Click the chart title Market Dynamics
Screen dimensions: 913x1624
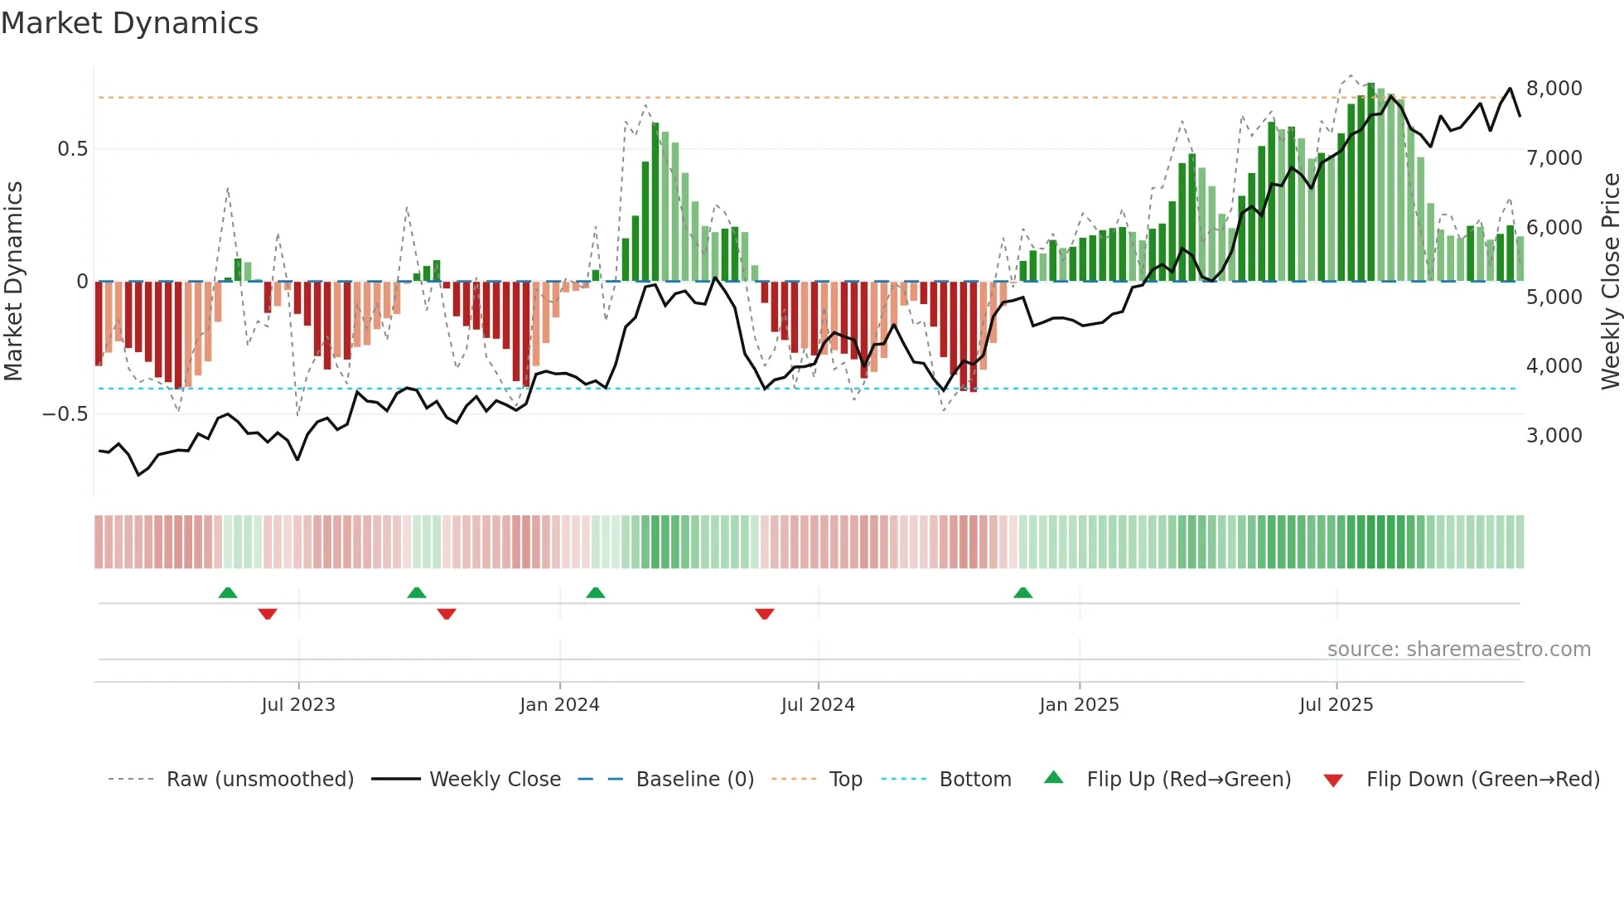coord(129,23)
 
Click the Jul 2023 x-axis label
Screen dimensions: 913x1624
coord(298,705)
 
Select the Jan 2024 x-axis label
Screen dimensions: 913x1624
coord(559,705)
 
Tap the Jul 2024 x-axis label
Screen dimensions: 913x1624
coord(818,705)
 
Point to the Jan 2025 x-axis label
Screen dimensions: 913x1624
coord(1079,705)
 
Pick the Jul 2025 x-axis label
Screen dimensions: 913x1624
coord(1336,705)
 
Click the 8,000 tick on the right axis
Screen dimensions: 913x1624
coord(1554,89)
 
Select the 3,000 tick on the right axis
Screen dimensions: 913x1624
coord(1554,436)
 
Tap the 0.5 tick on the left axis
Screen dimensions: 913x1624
coord(72,149)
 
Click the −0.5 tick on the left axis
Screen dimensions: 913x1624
coord(65,414)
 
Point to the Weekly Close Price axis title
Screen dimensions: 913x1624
coord(1610,281)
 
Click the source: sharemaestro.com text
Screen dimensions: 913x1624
coord(1458,650)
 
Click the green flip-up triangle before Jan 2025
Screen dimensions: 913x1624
coord(1023,593)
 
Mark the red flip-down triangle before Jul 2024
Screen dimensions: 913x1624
coord(765,614)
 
